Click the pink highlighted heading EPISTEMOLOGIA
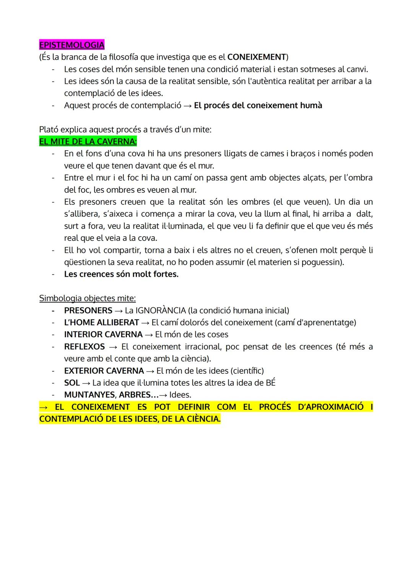tap(72, 45)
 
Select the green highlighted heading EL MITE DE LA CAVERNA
tap(88, 141)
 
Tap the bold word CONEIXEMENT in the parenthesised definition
tap(257, 57)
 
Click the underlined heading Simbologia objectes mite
tap(87, 298)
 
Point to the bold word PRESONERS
tap(88, 310)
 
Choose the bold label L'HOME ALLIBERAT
tap(101, 322)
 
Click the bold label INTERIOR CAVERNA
tap(103, 335)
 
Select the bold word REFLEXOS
tap(84, 347)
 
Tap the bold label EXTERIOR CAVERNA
tap(104, 371)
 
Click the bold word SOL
tap(72, 383)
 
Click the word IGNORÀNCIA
tap(161, 310)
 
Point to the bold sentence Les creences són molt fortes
tap(121, 274)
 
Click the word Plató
tap(49, 130)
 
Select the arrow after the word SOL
tap(86, 383)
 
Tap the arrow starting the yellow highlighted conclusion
tap(43, 407)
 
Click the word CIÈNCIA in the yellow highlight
tap(203, 419)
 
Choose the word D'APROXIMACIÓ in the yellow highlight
tap(330, 407)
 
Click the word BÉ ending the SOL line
tap(270, 383)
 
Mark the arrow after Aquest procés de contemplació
tap(187, 106)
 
